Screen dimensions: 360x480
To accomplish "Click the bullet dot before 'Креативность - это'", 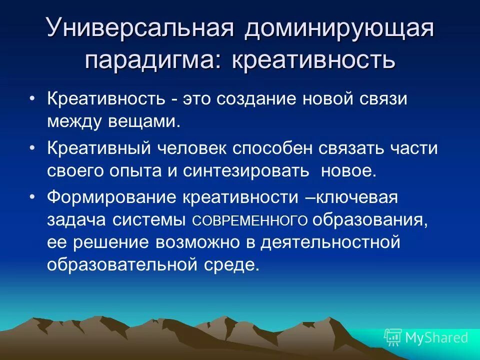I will tap(32, 98).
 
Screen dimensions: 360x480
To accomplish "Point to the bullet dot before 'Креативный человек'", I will tap(32, 148).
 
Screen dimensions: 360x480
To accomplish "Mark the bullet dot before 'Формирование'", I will tap(32, 197).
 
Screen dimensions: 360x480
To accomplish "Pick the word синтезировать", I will tap(244, 170).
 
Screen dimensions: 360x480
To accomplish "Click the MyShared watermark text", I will tap(436, 337).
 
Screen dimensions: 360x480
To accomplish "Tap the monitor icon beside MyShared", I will tap(393, 337).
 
